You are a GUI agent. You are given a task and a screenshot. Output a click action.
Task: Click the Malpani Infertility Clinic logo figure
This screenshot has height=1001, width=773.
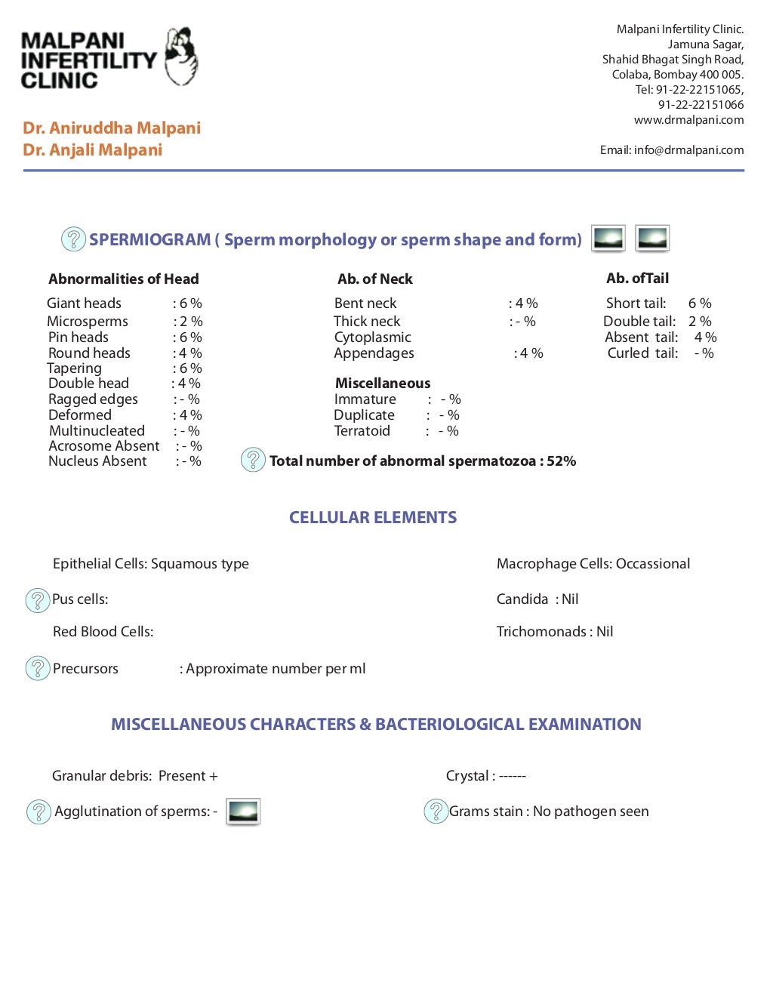(181, 57)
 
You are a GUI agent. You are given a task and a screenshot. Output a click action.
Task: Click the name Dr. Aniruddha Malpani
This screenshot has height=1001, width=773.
(112, 128)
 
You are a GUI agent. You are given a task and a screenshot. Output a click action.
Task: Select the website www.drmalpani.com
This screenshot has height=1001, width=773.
(688, 120)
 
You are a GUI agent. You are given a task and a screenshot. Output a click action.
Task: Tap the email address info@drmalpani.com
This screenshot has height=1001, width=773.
(688, 150)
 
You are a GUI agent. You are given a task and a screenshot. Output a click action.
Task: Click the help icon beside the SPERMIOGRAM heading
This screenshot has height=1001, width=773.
(73, 239)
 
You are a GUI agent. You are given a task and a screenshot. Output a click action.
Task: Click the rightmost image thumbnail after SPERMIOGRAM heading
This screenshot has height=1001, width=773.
(652, 239)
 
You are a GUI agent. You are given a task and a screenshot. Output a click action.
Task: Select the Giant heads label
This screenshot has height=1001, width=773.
(84, 303)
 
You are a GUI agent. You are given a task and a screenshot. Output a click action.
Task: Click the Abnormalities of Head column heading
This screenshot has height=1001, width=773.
(124, 279)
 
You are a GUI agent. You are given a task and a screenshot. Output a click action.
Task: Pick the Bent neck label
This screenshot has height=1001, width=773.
(365, 303)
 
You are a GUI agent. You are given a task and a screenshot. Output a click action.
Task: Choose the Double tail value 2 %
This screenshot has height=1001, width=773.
(700, 322)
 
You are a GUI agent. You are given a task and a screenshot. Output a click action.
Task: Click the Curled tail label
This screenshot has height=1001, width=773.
(642, 353)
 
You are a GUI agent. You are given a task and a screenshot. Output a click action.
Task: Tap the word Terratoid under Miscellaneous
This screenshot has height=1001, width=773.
(362, 431)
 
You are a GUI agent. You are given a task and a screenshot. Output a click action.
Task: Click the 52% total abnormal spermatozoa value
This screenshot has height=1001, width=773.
(562, 461)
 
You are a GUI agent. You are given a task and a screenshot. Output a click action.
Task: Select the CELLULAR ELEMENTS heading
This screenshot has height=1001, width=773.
(373, 518)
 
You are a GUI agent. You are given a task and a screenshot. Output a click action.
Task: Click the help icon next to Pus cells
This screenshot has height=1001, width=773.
(38, 600)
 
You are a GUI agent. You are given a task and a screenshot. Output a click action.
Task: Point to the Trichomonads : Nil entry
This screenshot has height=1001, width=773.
(555, 632)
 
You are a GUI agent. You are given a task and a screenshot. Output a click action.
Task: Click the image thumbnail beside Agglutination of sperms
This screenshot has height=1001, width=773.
(243, 812)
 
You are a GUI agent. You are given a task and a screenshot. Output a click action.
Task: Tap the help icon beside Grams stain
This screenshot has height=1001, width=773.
(436, 812)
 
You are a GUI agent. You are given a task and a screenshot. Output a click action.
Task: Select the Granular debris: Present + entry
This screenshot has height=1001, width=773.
(134, 776)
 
